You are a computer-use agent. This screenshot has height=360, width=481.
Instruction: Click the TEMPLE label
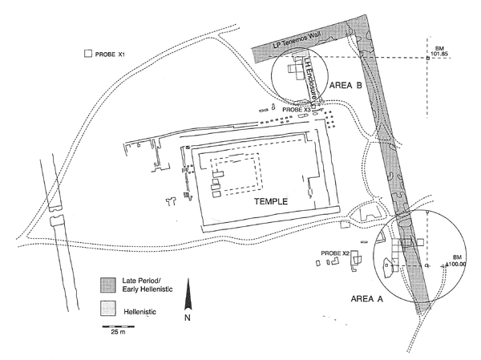coord(271,202)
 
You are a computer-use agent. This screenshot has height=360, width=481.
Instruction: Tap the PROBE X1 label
coord(111,55)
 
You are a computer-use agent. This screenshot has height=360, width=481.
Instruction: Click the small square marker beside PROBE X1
coord(86,55)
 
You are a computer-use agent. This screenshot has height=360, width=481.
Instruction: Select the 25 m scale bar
coord(115,326)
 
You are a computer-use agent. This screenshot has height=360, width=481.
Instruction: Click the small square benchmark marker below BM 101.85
coord(428,59)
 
